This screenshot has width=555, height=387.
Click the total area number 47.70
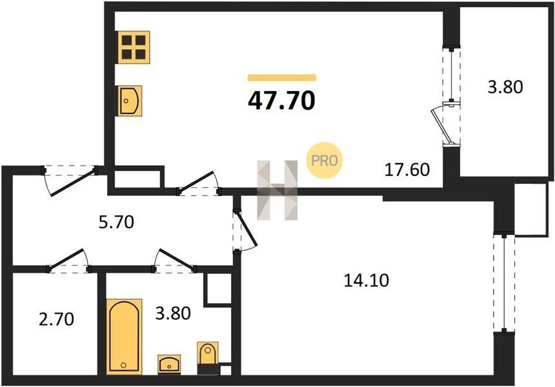281,101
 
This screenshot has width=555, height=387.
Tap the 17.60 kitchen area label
407,170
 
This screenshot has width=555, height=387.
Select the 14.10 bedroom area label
367,281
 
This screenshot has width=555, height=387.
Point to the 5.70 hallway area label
116,222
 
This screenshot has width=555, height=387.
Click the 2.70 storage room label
56,319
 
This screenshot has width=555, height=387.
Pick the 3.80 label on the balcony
505,87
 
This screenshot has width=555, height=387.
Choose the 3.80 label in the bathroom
173,313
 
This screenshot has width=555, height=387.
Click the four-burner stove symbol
134,47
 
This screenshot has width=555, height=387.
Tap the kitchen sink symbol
130,101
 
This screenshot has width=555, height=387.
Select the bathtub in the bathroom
125,337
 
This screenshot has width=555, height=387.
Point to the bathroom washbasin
169,364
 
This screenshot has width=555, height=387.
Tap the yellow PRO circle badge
324,160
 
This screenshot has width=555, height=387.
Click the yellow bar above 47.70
282,77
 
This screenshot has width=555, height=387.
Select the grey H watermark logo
277,190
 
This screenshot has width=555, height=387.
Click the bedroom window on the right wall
504,283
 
